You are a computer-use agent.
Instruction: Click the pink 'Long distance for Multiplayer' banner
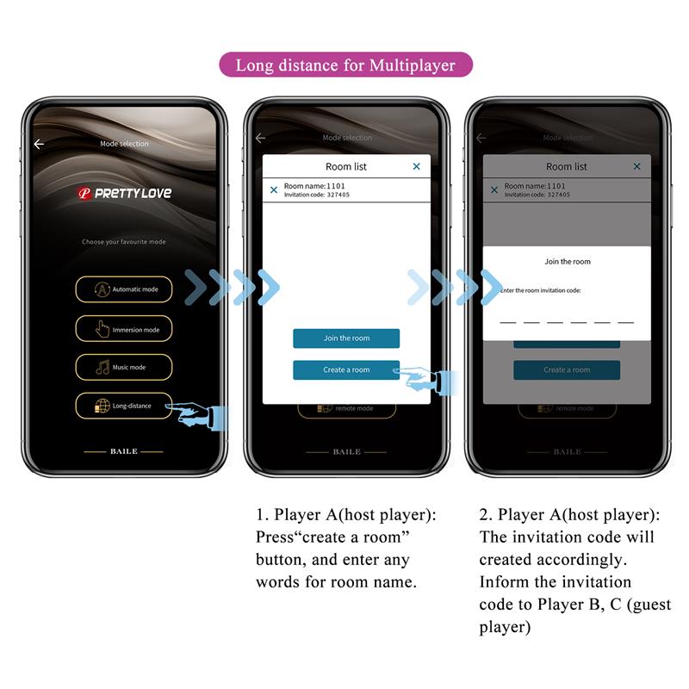(345, 65)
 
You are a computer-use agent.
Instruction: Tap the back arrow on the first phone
(38, 144)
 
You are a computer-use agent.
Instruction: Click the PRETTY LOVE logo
(124, 194)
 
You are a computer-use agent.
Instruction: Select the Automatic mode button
(123, 289)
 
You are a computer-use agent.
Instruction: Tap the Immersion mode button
(123, 329)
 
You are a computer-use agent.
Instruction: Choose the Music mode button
(123, 368)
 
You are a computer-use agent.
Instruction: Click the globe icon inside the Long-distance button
(102, 406)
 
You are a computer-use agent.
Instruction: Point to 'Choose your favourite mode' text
(123, 242)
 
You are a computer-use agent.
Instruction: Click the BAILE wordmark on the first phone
(123, 451)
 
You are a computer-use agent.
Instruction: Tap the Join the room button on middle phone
(346, 338)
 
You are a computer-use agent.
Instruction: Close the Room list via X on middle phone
(417, 166)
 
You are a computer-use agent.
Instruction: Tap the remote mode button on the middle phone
(346, 408)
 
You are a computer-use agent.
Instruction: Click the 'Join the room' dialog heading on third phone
(568, 262)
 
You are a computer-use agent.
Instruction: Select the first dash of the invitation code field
(508, 321)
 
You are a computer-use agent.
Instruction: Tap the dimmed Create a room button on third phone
(567, 370)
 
